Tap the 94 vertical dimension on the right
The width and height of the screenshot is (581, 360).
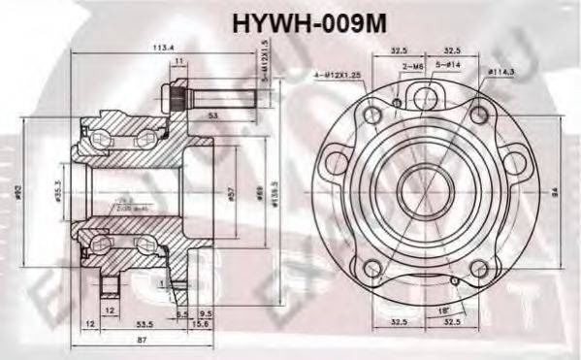(x=553, y=192)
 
